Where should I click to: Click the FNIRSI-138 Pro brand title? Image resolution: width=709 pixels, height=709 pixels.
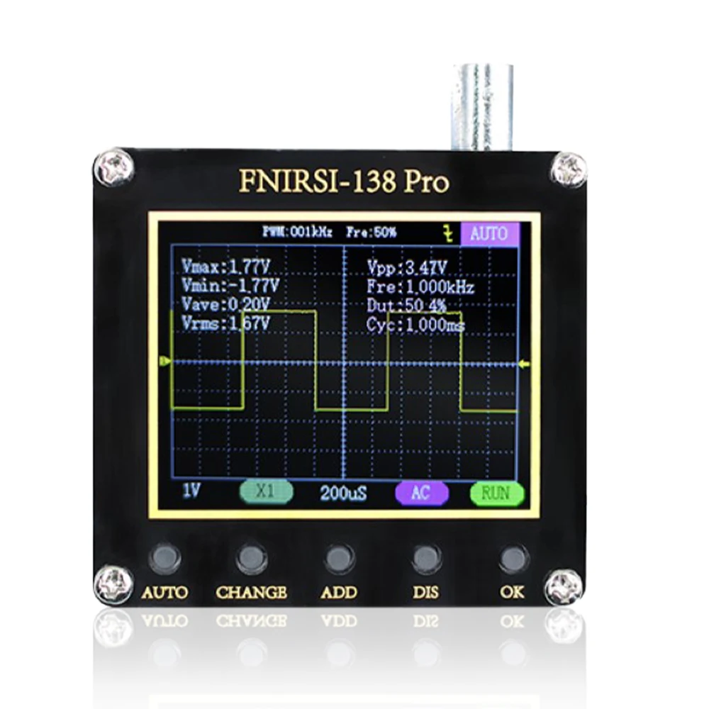pyautogui.click(x=344, y=182)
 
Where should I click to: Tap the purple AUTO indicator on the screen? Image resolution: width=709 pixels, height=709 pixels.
pyautogui.click(x=489, y=233)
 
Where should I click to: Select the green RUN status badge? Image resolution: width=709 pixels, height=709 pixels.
pyautogui.click(x=496, y=493)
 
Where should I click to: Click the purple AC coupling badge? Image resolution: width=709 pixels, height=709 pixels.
pyautogui.click(x=420, y=493)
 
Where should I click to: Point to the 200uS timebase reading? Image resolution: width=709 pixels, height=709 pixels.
pyautogui.click(x=343, y=493)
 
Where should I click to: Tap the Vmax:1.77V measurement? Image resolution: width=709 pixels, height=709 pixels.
pyautogui.click(x=226, y=267)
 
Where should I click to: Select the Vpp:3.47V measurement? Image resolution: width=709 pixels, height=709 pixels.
pyautogui.click(x=407, y=267)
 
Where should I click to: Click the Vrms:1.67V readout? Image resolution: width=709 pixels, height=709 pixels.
pyautogui.click(x=226, y=323)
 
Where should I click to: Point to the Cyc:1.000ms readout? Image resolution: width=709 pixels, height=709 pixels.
pyautogui.click(x=415, y=325)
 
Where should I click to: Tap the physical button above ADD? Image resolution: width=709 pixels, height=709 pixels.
pyautogui.click(x=339, y=558)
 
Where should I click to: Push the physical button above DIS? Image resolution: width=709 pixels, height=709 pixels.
pyautogui.click(x=426, y=558)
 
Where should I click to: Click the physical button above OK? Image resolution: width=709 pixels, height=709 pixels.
pyautogui.click(x=513, y=558)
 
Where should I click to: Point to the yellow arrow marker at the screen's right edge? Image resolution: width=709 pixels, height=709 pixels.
pyautogui.click(x=525, y=364)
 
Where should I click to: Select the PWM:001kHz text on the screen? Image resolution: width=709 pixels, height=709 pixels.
pyautogui.click(x=297, y=232)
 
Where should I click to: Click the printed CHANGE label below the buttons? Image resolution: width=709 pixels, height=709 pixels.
pyautogui.click(x=252, y=592)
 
